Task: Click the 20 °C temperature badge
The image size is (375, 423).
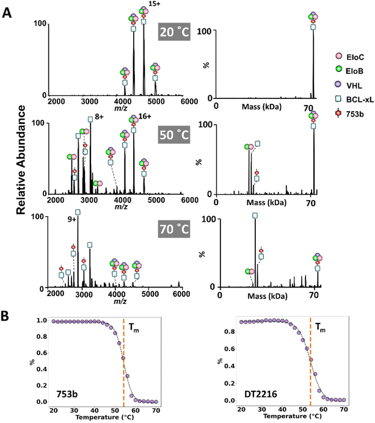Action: [x=175, y=32]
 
